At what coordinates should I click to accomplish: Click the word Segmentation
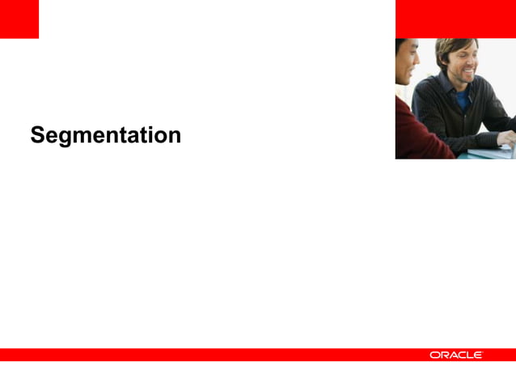105,135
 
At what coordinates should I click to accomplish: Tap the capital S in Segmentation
37,134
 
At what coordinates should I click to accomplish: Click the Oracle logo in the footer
456,355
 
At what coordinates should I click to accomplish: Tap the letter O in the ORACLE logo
435,355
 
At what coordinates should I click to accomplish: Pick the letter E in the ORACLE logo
478,355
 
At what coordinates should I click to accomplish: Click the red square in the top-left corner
19,19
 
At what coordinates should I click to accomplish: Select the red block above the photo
455,19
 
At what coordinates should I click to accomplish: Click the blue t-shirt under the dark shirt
462,99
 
